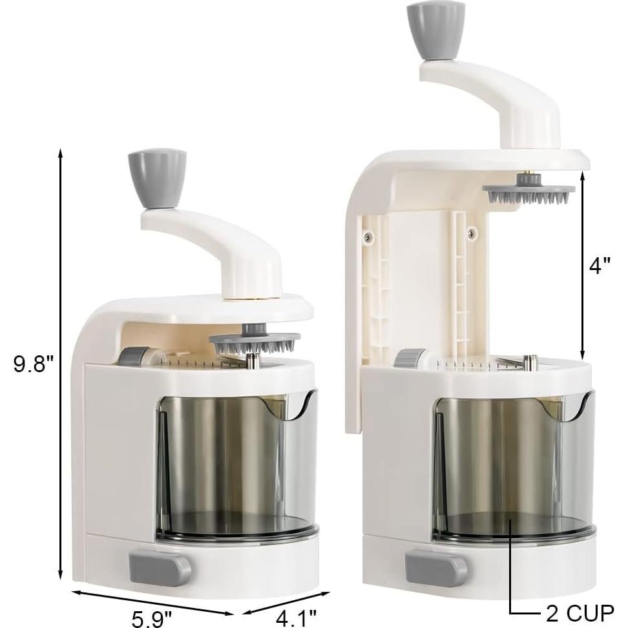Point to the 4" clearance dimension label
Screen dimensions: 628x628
click(x=600, y=266)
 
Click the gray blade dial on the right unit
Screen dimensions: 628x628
click(x=410, y=359)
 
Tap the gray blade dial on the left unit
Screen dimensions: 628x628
click(x=134, y=357)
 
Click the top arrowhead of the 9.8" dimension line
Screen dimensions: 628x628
click(x=61, y=152)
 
